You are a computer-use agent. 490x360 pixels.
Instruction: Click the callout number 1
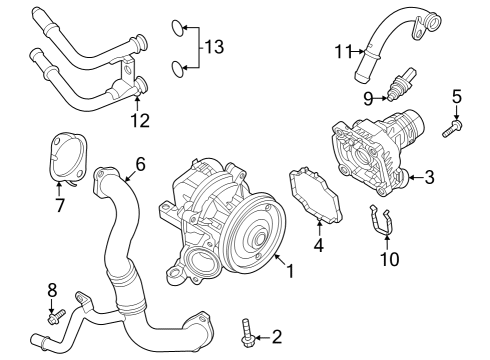(x=290, y=270)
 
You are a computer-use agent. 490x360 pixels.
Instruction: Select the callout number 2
(x=277, y=336)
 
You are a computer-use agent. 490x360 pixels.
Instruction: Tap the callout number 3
(x=428, y=177)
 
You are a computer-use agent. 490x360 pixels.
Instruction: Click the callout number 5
(x=457, y=97)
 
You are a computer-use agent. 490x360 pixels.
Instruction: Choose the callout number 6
(x=140, y=163)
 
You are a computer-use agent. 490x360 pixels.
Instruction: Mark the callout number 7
(x=60, y=205)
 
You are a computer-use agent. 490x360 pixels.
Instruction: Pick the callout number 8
(x=53, y=291)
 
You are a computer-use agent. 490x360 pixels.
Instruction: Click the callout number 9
(x=368, y=98)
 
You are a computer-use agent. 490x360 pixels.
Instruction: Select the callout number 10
(x=389, y=259)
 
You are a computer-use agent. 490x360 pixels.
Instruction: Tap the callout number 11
(x=344, y=50)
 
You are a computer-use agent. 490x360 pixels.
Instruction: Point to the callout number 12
(x=139, y=121)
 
